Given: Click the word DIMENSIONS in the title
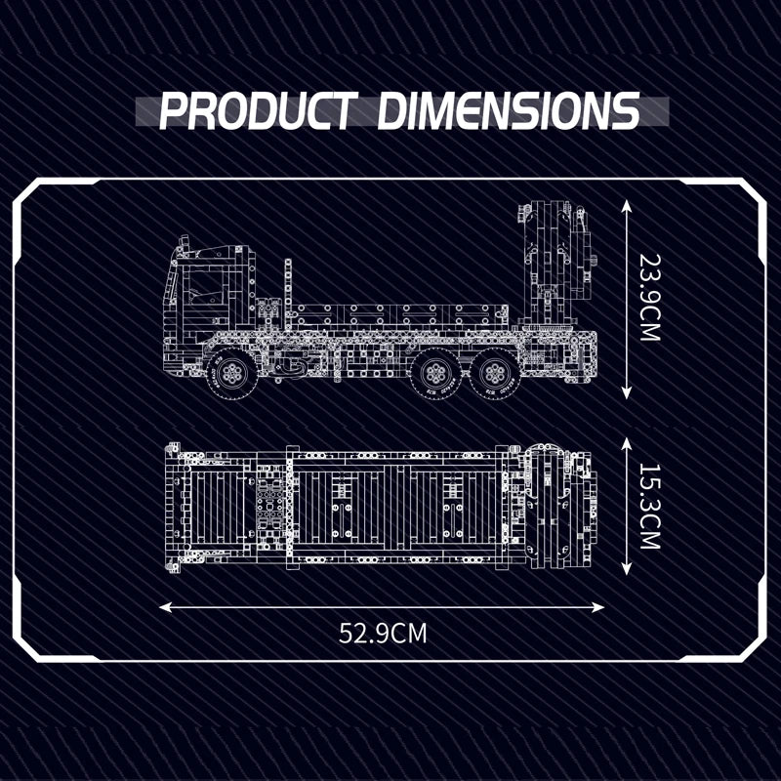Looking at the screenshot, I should coord(508,110).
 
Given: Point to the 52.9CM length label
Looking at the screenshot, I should coord(383,633).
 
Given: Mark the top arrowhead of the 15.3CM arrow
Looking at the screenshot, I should coord(627,442).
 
